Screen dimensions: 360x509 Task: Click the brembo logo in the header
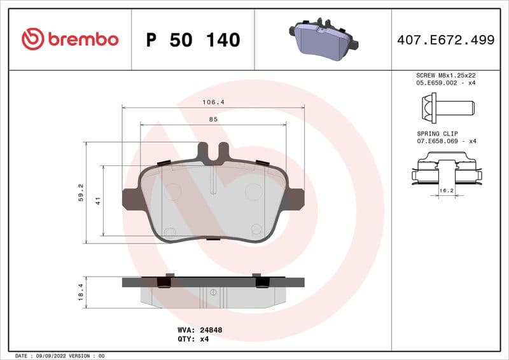70,39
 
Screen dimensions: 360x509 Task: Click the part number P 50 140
193,40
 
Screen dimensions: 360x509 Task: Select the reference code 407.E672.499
445,40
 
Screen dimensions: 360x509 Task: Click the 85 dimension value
213,120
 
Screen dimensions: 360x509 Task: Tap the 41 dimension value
99,200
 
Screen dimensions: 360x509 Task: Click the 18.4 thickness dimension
81,292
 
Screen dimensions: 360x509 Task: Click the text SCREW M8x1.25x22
445,75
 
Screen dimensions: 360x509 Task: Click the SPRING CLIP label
437,134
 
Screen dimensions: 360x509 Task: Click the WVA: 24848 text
199,330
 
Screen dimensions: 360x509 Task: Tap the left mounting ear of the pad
131,199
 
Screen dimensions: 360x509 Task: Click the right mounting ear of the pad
295,199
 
